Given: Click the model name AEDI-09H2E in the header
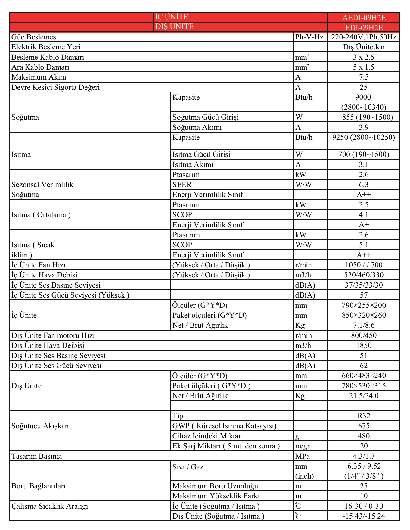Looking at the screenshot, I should tap(364, 17).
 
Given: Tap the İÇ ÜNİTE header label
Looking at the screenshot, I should tap(171, 17).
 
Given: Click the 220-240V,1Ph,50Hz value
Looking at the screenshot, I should tap(364, 37).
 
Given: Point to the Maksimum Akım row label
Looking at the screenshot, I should tap(39, 77).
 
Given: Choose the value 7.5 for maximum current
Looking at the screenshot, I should tap(364, 77).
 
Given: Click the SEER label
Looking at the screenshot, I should tap(182, 185).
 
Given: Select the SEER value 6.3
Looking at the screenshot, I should tap(364, 185).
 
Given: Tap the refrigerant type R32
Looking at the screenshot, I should tap(364, 416).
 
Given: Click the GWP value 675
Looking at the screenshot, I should tap(364, 426).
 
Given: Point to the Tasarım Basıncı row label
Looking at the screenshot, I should tap(37, 456).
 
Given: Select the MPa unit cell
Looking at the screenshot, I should tap(302, 456).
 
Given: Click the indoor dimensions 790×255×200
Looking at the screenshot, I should tap(364, 305).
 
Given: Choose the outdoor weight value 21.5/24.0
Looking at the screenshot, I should tap(364, 396).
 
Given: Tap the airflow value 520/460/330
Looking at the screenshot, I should tap(364, 275).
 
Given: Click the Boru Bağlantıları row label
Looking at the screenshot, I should tap(39, 486).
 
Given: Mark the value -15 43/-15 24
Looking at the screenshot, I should tap(364, 516).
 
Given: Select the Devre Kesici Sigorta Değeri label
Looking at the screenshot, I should tap(55, 87).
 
